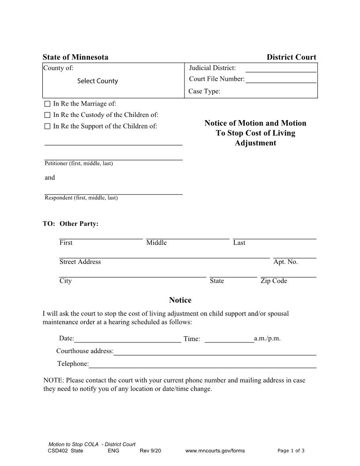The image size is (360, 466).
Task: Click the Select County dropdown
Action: [97, 81]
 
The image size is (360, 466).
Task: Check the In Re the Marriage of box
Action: [48, 104]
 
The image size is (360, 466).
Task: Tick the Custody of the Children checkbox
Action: [48, 115]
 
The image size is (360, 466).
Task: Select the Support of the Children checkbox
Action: [48, 127]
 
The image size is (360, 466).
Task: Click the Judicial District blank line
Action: [281, 68]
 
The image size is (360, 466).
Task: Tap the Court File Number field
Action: [281, 79]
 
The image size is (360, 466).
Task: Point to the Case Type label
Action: [204, 92]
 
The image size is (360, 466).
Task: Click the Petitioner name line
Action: [113, 156]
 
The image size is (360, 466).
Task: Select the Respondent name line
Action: [113, 191]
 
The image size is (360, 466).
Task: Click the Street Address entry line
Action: [164, 254]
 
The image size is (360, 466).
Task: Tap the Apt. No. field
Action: [295, 254]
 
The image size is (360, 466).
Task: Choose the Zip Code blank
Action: [289, 274]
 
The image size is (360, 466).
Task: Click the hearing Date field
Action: [127, 338]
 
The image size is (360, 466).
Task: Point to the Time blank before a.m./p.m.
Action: [229, 338]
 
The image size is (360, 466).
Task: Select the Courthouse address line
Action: [215, 351]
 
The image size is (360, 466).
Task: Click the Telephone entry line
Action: [202, 364]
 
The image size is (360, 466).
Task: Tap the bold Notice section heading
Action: [180, 301]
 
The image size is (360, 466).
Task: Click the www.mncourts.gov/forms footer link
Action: [215, 451]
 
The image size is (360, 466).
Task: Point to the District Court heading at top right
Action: [291, 57]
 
